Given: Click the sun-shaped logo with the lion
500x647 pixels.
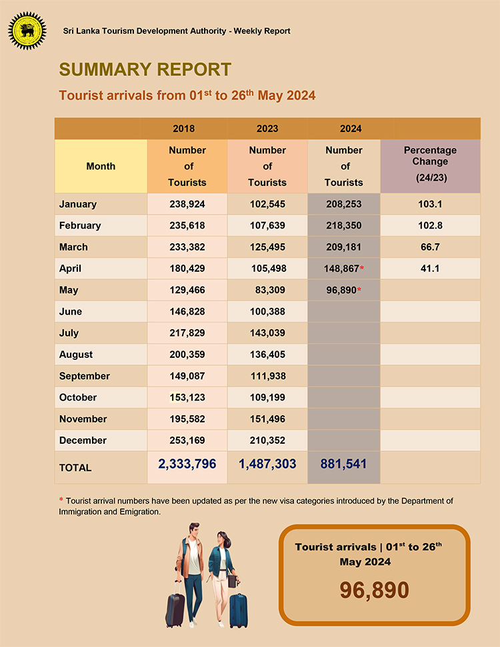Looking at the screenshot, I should (x=27, y=30).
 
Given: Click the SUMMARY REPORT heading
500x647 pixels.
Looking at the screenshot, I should (x=145, y=69).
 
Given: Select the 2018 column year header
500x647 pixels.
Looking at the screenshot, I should (x=183, y=129).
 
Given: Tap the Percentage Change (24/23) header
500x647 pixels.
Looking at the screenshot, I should (x=430, y=165).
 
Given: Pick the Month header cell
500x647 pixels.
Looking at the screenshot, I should (x=101, y=167).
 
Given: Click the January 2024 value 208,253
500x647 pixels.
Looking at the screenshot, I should (x=343, y=204).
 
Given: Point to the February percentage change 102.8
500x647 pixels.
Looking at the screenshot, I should (x=430, y=225).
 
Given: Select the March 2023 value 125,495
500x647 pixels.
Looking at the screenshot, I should (x=267, y=247).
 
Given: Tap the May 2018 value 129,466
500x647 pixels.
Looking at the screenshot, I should (x=187, y=290).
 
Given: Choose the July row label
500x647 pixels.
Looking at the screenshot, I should (x=69, y=332).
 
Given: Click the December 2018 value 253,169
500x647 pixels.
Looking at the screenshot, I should (x=187, y=440).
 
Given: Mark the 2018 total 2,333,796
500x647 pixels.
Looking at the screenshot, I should (x=187, y=464).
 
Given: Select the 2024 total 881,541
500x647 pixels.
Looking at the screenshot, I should (x=343, y=464).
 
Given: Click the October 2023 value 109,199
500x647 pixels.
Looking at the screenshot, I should (x=267, y=397).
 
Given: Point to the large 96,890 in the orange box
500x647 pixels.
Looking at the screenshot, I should (x=374, y=590).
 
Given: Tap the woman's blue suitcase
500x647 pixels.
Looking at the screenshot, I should (x=238, y=608).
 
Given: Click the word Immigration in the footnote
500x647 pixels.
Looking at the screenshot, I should (x=83, y=512).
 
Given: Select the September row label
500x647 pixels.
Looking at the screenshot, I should (x=85, y=376).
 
